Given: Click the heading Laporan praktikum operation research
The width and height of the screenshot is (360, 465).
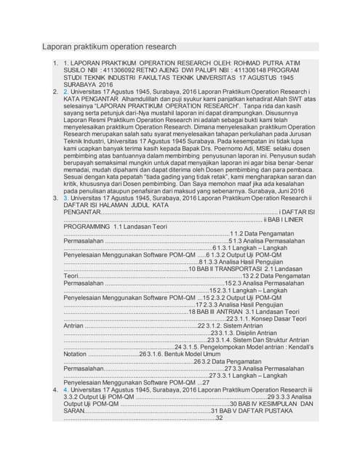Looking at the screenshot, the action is coord(108,46).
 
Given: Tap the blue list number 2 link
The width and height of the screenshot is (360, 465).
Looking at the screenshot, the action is coord(66,92).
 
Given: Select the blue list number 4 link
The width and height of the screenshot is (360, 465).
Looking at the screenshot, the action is coord(66,390).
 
